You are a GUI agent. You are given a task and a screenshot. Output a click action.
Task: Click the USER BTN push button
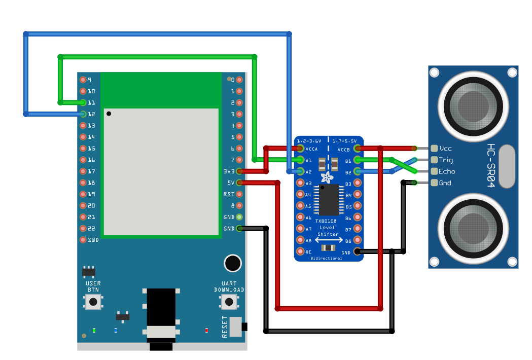tap(93, 302)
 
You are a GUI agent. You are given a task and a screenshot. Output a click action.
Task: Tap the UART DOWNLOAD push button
tap(229, 302)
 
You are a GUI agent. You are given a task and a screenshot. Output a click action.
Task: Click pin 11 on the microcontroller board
tap(83, 102)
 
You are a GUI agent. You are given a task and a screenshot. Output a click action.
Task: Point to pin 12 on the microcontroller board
tap(83, 114)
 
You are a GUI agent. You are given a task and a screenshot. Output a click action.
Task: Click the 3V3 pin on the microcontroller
tap(239, 171)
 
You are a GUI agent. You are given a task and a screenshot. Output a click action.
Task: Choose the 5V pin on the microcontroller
tap(239, 183)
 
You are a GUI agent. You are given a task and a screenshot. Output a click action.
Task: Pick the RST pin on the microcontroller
tap(239, 194)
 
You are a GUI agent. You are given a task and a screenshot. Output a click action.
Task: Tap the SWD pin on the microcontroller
tap(83, 240)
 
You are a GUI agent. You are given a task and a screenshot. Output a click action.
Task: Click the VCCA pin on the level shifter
tap(301, 149)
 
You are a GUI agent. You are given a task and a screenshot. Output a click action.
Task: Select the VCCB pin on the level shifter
tap(357, 149)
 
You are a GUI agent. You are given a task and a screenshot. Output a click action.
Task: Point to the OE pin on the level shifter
tap(301, 251)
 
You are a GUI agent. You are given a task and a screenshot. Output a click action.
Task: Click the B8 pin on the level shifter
tap(357, 240)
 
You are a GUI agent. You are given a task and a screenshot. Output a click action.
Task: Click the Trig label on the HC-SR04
tap(446, 160)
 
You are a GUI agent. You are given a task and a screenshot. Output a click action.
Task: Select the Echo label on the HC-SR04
tap(447, 171)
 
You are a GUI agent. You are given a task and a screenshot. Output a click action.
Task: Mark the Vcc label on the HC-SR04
tap(446, 149)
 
